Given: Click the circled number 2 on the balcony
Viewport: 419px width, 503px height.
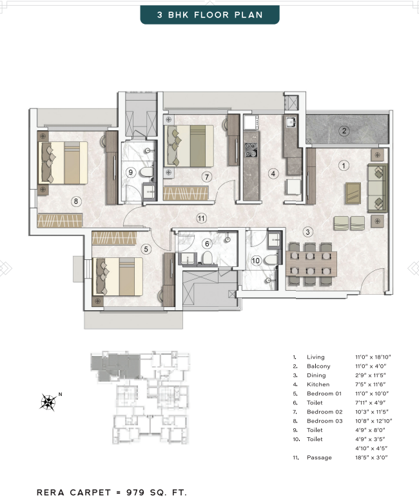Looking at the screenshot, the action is coord(344,131).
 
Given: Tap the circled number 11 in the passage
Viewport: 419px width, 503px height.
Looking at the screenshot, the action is coord(201,219).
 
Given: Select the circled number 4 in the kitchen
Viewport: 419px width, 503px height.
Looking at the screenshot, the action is coord(273,174).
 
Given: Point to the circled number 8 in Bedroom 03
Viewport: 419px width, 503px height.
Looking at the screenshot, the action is coord(76,201).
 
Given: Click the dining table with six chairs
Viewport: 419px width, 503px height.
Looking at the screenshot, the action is coord(311,264).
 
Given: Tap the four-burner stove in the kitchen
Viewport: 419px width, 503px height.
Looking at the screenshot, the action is coord(251,150).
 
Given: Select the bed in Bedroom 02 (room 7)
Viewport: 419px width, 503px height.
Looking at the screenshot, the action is coord(189,146).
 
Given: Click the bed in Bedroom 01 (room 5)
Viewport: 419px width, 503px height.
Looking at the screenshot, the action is coord(118,277).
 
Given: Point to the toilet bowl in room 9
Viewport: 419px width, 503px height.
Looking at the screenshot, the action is coord(147,172).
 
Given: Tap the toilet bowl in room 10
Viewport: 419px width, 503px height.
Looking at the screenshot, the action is coord(271,259).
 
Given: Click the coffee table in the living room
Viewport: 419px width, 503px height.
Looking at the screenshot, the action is coord(353,193).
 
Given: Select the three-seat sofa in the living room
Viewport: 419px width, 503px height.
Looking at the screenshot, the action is coord(377,188).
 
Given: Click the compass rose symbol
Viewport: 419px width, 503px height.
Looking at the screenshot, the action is coord(48,402).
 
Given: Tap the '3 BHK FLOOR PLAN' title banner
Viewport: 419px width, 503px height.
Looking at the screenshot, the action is coord(210,15).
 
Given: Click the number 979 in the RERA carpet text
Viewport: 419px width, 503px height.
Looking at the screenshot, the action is coord(135,493).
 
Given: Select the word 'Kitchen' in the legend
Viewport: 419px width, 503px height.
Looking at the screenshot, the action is coord(318,384).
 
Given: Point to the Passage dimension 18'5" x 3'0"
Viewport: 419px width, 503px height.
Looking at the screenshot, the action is coord(371,457).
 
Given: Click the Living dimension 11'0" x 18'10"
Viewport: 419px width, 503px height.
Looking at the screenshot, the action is coord(373,357).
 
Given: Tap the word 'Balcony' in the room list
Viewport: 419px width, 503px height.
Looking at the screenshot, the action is coord(318,366).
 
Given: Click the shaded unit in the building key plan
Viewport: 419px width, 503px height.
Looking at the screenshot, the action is coord(115,366).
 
